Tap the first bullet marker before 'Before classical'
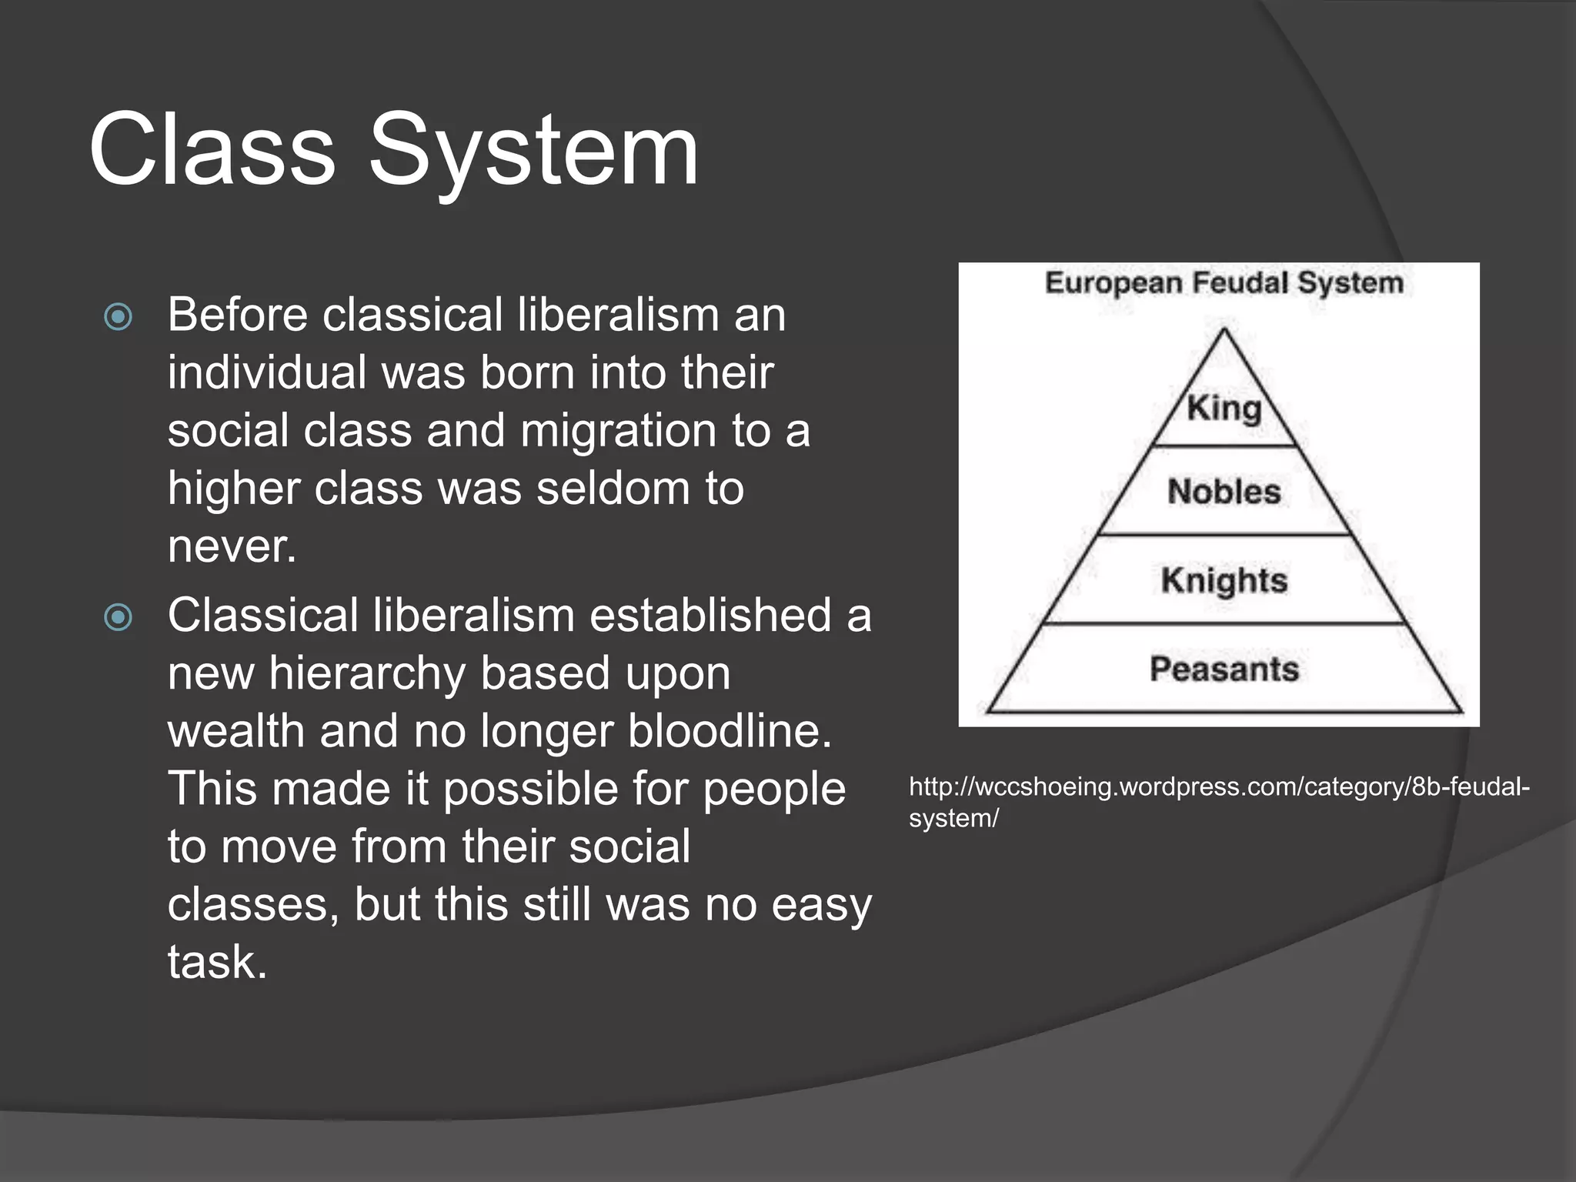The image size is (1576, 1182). pyautogui.click(x=118, y=316)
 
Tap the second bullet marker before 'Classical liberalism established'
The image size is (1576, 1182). pyautogui.click(x=118, y=616)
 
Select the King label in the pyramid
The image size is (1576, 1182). pyautogui.click(x=1224, y=408)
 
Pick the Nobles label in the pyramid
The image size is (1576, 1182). pyautogui.click(x=1224, y=492)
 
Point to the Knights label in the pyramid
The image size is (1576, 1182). pyautogui.click(x=1224, y=580)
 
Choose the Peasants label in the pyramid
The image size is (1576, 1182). pyautogui.click(x=1224, y=669)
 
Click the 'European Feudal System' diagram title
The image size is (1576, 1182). pyautogui.click(x=1224, y=283)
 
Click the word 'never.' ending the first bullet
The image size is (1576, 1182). pyautogui.click(x=232, y=546)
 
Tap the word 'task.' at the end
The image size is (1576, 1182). pyautogui.click(x=217, y=962)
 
